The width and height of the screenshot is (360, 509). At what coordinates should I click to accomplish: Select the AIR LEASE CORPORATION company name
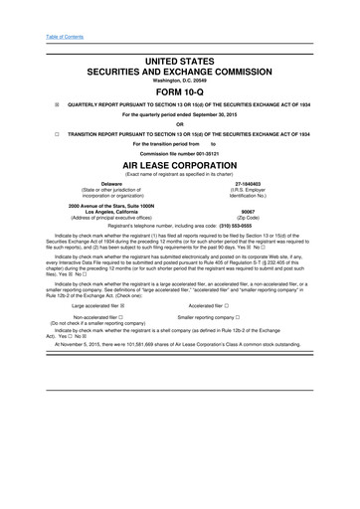click(180, 165)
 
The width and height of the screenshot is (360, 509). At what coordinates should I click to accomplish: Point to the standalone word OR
click(180, 123)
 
